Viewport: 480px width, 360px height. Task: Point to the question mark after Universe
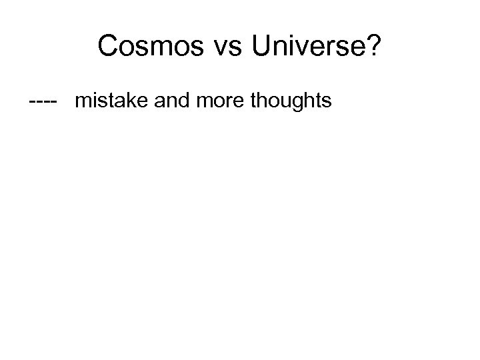[x=374, y=47]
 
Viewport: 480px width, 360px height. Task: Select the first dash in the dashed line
[x=33, y=102]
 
